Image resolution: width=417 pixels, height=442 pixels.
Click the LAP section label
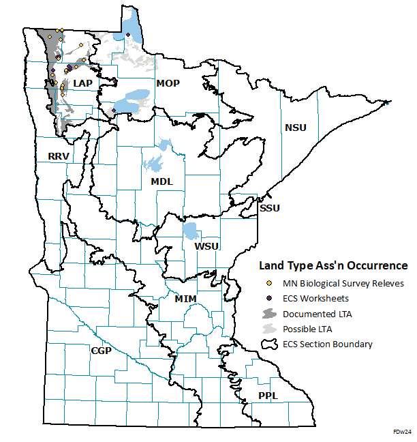(82, 83)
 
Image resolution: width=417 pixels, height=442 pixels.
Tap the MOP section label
(168, 83)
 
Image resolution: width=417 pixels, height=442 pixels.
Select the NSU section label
(296, 128)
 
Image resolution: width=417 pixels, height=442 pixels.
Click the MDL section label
(161, 181)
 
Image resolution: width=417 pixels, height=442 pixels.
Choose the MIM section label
(186, 299)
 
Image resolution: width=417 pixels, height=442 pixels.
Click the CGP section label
(101, 350)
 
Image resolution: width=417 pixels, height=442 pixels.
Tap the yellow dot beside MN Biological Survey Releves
(270, 283)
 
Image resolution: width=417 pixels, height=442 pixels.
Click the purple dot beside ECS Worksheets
(270, 298)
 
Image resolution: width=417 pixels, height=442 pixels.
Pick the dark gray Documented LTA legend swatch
(270, 314)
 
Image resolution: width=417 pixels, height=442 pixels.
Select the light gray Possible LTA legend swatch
(270, 329)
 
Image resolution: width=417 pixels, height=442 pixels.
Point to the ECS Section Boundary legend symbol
(270, 344)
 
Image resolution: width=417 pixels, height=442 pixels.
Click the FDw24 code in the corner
(402, 432)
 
